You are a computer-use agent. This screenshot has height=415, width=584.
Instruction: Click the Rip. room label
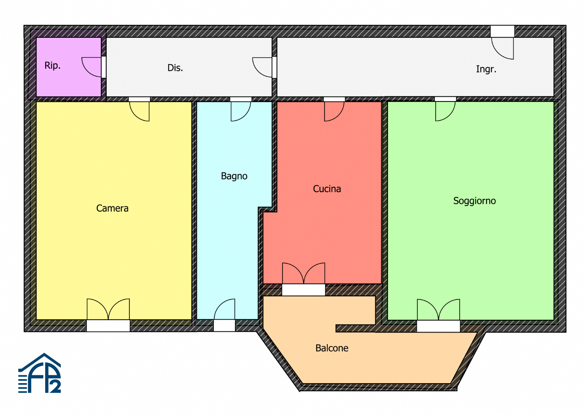(53, 66)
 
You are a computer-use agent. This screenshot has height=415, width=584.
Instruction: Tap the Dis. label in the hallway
(175, 68)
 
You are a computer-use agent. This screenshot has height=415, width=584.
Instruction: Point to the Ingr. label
(486, 69)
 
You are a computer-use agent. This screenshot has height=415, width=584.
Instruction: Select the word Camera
(112, 208)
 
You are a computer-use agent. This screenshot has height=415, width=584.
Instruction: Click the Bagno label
(234, 176)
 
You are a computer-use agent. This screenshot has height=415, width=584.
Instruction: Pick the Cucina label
(327, 189)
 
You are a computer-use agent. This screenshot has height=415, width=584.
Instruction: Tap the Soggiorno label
(475, 201)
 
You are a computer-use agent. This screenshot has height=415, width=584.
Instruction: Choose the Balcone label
(332, 348)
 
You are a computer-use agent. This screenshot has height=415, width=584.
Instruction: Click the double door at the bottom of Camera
(108, 310)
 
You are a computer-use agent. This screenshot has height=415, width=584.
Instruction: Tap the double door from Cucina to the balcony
(304, 274)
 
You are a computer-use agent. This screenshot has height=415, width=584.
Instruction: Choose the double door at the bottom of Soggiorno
(439, 310)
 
